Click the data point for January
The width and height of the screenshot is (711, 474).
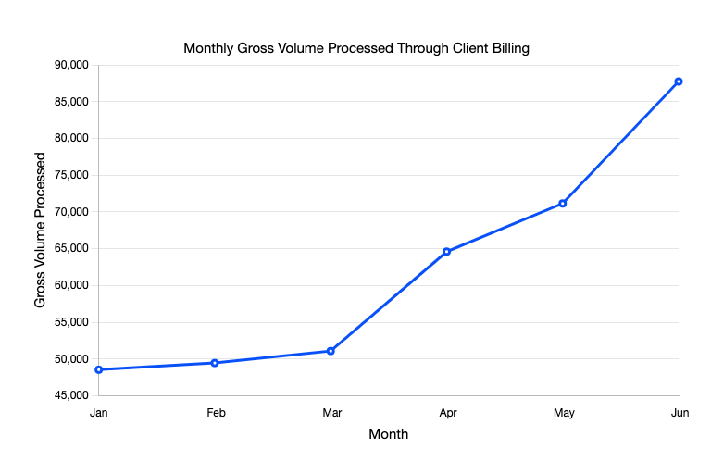99,369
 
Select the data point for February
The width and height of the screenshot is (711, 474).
215,363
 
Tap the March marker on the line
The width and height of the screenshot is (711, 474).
331,351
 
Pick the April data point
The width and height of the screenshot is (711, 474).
446,251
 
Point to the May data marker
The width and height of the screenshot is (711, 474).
563,203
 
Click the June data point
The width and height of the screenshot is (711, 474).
679,81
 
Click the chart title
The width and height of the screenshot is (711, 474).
356,48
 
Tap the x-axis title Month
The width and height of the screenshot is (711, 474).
388,433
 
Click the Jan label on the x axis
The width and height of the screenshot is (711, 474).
99,413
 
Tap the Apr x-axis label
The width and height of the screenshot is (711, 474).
446,413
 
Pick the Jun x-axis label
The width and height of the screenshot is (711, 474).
679,413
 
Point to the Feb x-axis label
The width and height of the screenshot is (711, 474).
215,413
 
